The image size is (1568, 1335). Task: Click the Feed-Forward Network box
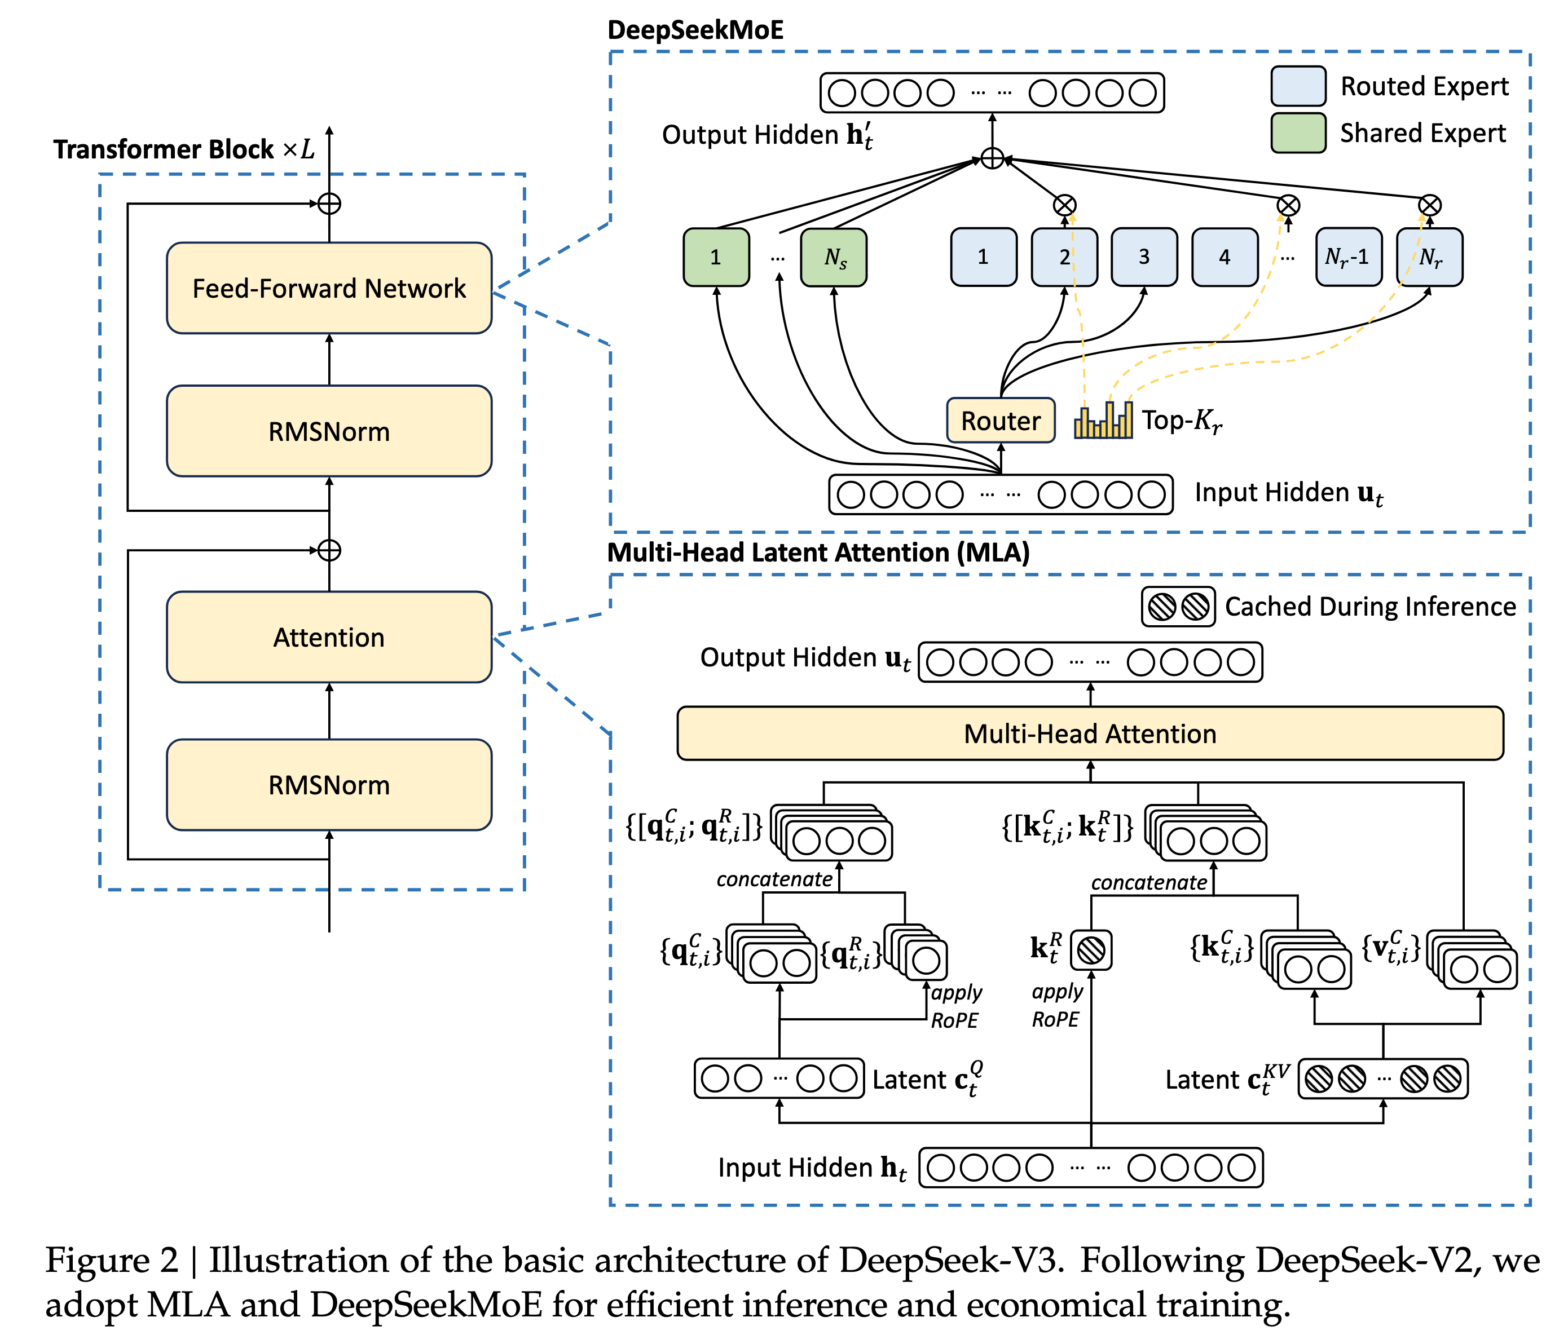[329, 288]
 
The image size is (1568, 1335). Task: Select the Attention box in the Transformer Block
[329, 637]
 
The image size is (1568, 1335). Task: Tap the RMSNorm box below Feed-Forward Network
[329, 431]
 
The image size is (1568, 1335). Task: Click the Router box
[1001, 421]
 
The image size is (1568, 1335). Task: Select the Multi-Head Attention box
[1090, 733]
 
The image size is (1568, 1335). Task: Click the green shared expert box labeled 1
[716, 257]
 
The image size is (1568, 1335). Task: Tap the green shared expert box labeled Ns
[834, 257]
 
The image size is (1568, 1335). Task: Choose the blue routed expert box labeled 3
[1144, 257]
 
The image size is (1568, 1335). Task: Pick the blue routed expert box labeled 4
[1225, 257]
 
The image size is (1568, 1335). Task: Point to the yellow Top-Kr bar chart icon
[1103, 420]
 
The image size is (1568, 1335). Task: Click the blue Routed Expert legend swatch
[1298, 86]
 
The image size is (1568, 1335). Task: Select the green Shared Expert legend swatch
[1298, 133]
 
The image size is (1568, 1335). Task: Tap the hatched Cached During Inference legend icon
[1178, 607]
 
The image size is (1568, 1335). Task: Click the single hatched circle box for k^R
[1091, 950]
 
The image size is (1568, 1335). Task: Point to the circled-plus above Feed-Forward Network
[329, 204]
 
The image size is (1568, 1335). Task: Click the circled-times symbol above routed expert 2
[1065, 205]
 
